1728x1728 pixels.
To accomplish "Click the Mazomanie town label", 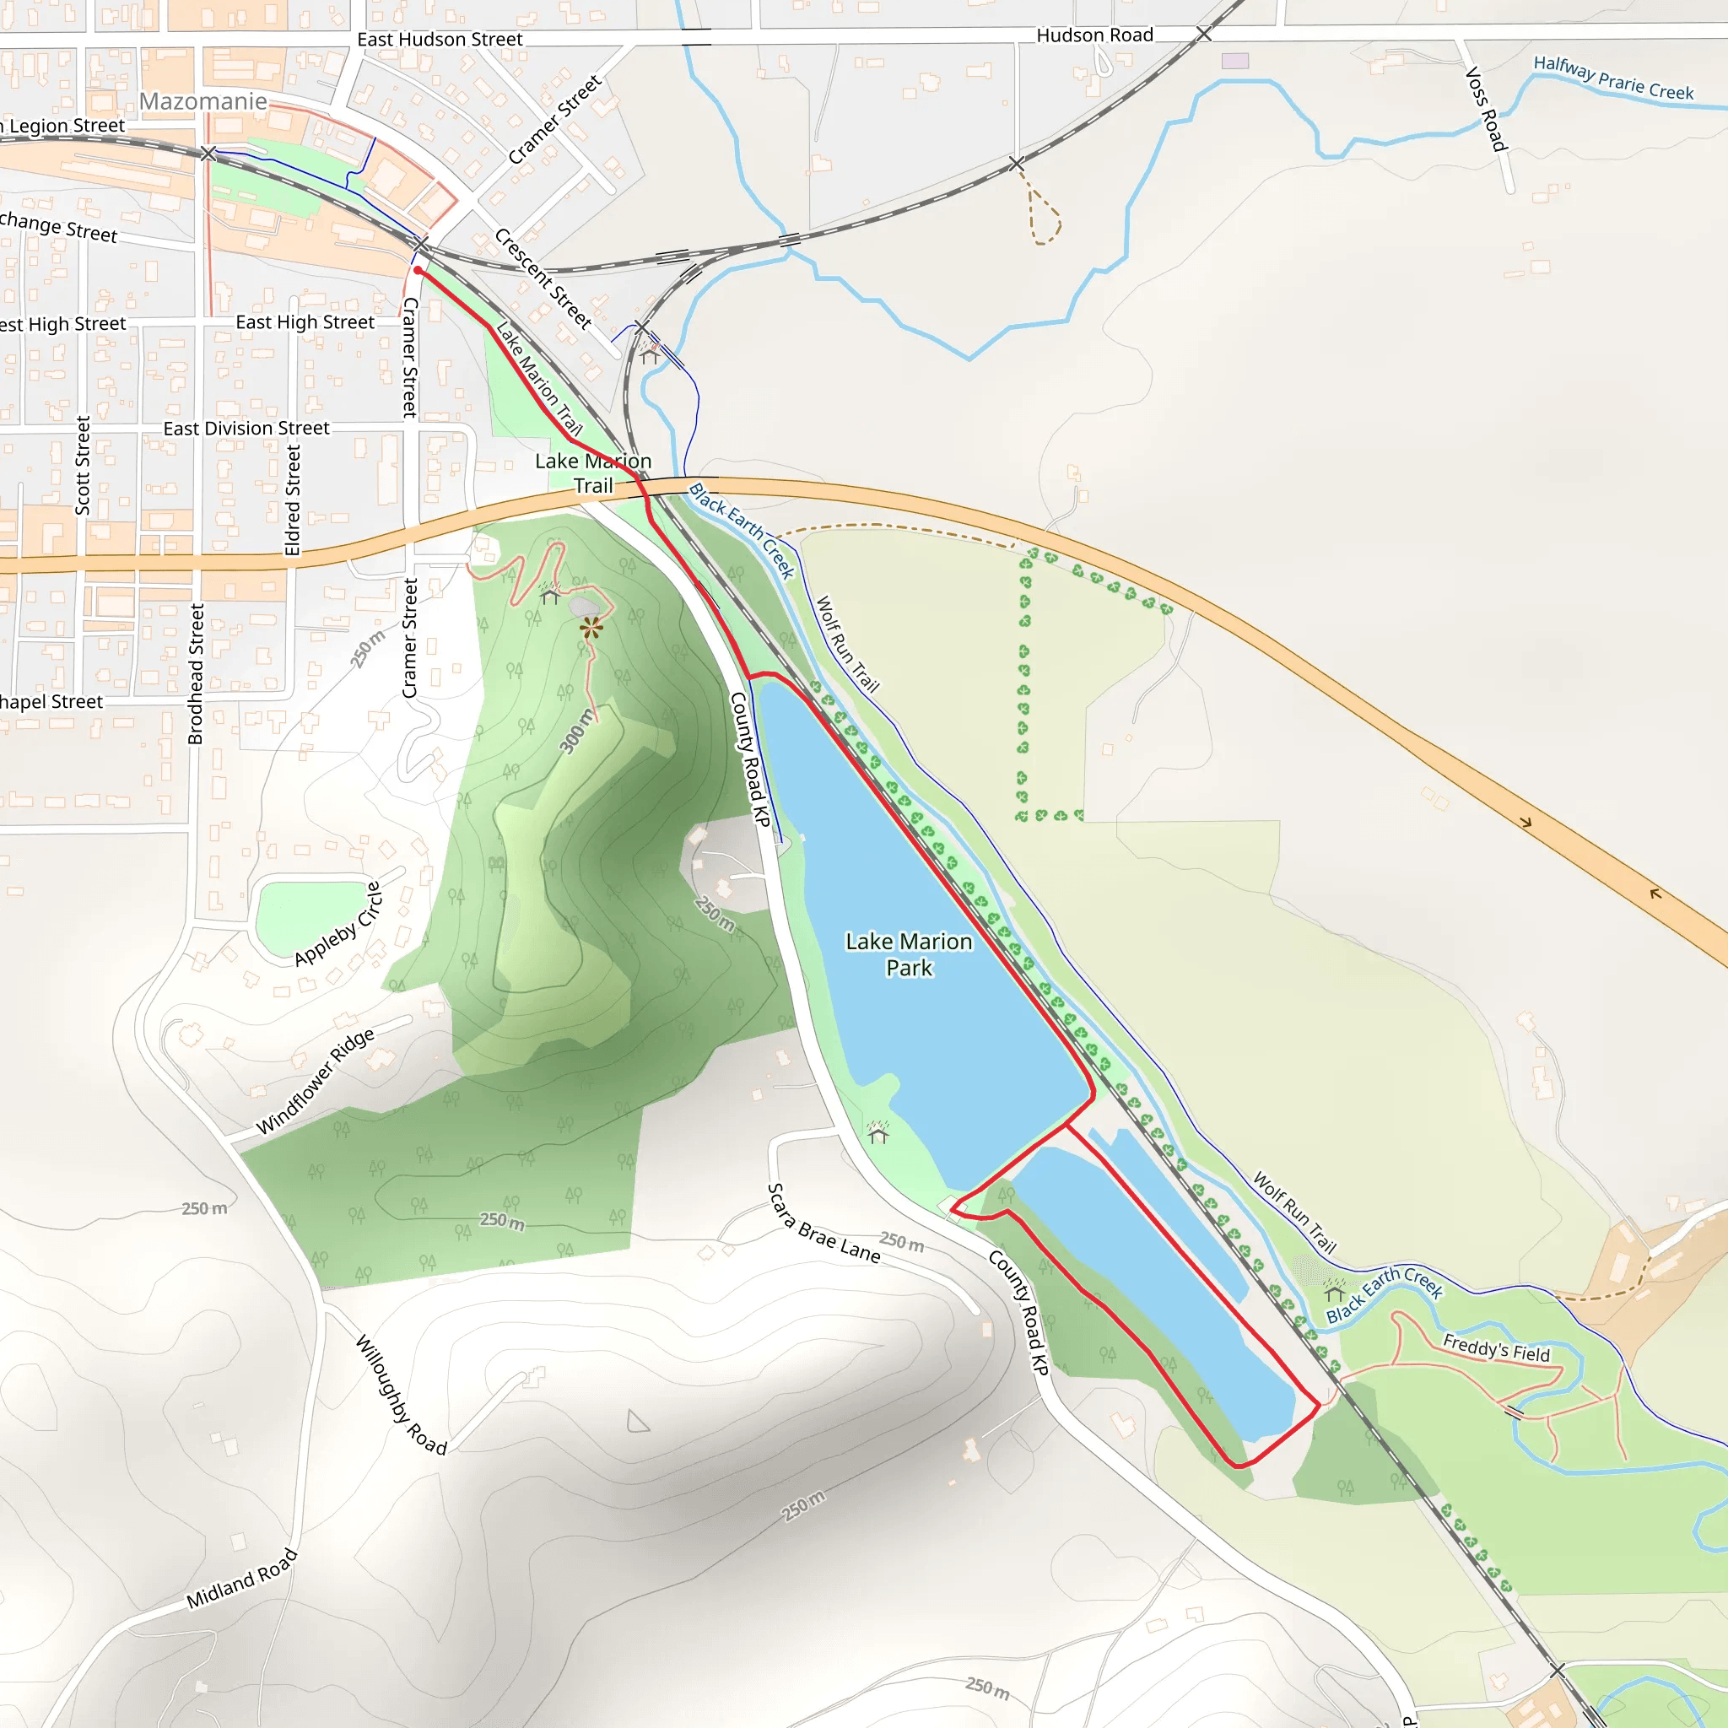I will click(203, 101).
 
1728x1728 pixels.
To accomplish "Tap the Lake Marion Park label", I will click(909, 954).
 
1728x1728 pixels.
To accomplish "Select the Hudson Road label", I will click(1094, 35).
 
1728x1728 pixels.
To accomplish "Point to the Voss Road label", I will click(1487, 109).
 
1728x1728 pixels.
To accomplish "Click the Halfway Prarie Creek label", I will click(1613, 78).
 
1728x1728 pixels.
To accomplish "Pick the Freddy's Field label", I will click(1496, 1347).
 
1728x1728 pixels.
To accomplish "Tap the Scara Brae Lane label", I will click(823, 1223).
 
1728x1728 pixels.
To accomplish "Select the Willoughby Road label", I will click(401, 1395).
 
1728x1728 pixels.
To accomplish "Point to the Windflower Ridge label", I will click(315, 1082).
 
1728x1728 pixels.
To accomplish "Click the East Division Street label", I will click(246, 429).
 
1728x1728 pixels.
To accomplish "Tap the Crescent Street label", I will click(543, 278).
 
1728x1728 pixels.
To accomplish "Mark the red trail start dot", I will click(418, 270).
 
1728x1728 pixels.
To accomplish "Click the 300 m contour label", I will click(577, 731).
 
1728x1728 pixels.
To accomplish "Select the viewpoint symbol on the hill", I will click(591, 628).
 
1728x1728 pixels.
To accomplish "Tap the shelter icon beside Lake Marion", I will click(878, 1134).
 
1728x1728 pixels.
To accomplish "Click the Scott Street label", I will click(83, 465).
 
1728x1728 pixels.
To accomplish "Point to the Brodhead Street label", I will click(196, 673).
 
